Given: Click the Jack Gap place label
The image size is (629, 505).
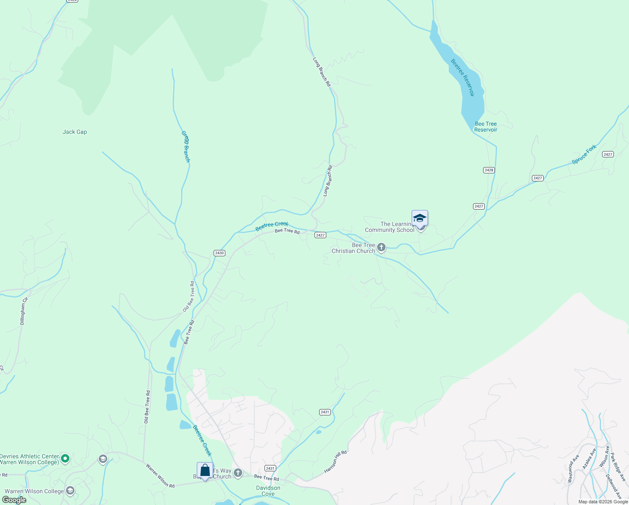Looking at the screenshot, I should click(75, 132).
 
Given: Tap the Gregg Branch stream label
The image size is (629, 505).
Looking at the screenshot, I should click(186, 146).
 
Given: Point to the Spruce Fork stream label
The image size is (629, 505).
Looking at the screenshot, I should click(584, 154).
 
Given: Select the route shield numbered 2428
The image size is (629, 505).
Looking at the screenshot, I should click(489, 170).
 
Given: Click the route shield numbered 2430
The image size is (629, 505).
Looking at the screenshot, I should click(219, 253).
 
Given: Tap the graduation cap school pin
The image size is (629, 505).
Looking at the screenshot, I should click(420, 218).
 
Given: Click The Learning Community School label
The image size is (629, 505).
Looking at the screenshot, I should click(389, 227).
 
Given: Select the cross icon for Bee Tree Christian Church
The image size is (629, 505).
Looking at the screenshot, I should click(381, 247).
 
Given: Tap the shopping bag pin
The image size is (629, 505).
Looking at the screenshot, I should click(205, 470).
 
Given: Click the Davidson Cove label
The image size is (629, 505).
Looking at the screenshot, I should click(268, 491).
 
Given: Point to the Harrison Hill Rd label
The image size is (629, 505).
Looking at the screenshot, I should click(336, 462).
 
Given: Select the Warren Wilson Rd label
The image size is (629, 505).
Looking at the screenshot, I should click(160, 476).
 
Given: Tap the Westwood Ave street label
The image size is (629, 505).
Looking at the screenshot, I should click(571, 468).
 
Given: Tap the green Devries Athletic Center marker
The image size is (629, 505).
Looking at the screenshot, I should click(65, 459).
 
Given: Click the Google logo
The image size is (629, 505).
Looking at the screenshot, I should click(14, 500).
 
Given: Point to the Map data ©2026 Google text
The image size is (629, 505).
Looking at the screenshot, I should click(603, 502).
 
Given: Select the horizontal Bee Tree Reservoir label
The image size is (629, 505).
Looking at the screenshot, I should click(486, 127).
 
